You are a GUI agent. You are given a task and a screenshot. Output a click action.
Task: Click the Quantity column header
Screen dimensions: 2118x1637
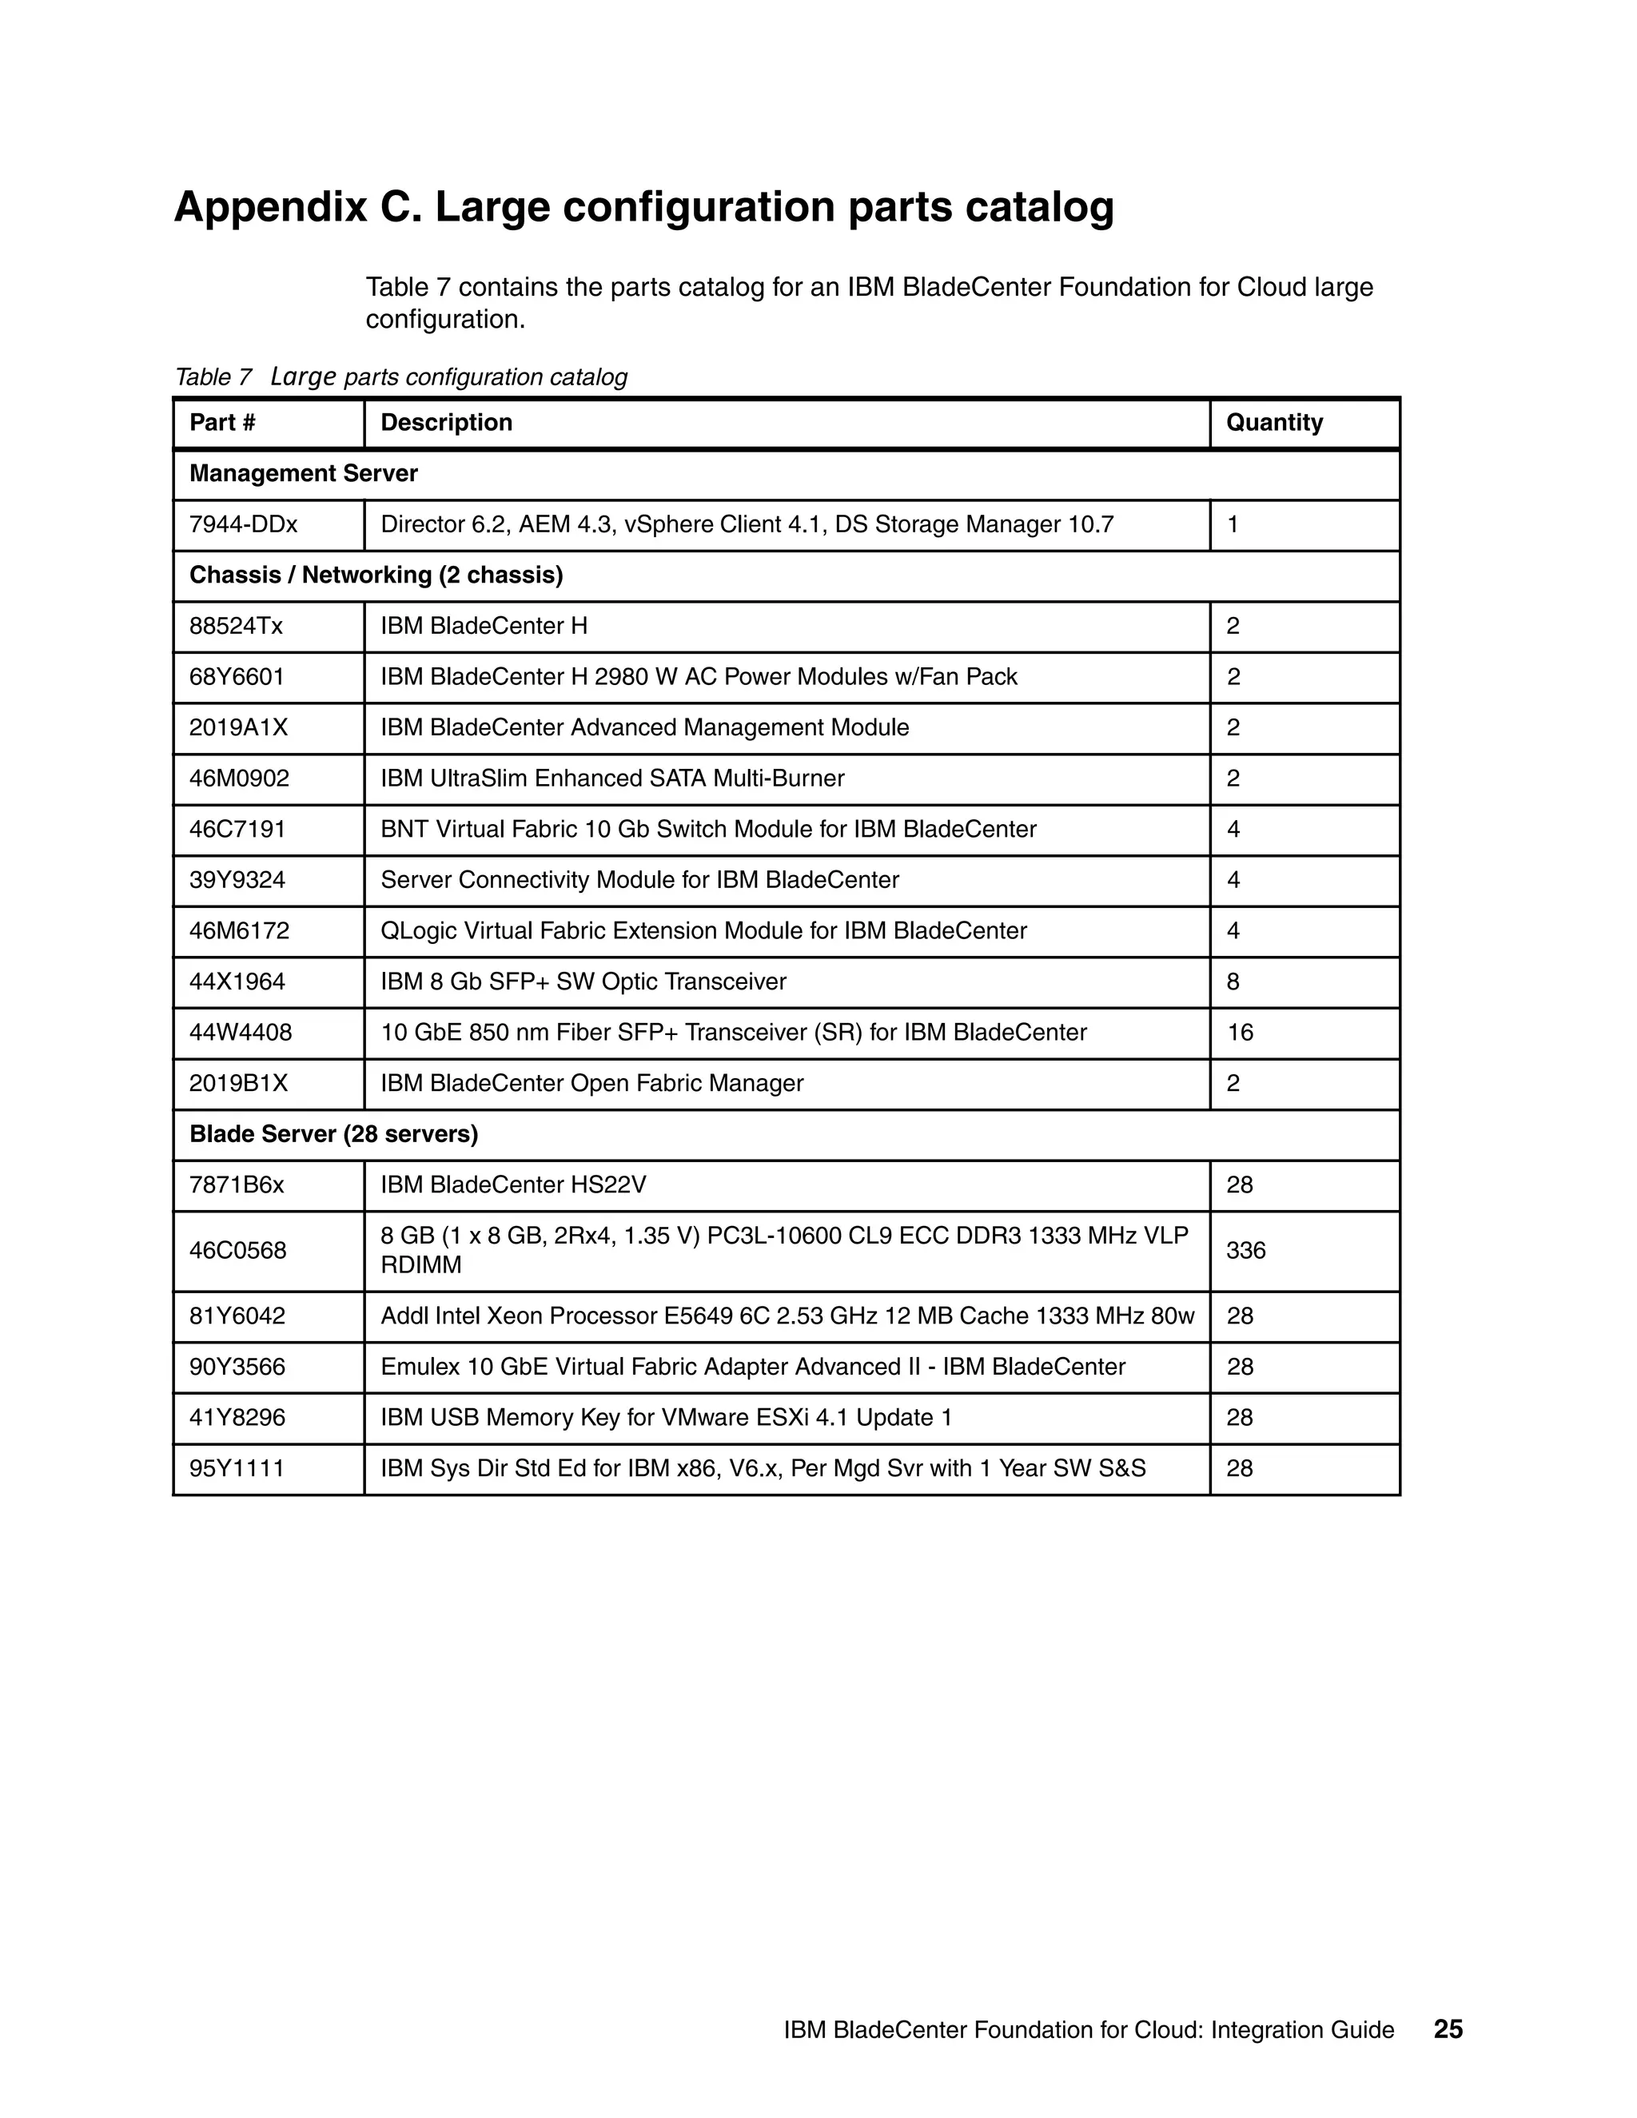(x=1273, y=423)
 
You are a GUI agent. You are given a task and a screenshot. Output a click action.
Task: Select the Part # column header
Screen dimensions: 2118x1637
(x=222, y=423)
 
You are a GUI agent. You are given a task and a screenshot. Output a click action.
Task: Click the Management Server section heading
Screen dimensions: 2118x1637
(x=304, y=473)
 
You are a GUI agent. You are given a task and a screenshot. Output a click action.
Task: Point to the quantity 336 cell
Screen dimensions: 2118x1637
(x=1245, y=1251)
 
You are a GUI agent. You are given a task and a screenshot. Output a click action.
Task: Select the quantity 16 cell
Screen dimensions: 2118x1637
(x=1240, y=1033)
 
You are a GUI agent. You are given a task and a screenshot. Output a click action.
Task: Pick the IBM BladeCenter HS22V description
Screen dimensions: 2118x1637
(x=513, y=1185)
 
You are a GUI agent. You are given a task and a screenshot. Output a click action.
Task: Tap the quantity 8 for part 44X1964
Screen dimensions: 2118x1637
(x=1233, y=981)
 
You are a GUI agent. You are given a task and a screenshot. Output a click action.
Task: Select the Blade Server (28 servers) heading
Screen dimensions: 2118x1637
(x=333, y=1135)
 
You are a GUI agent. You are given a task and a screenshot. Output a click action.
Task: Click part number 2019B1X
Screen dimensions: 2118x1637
(x=238, y=1083)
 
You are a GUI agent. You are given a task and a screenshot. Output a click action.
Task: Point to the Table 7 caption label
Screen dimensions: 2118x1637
(x=213, y=377)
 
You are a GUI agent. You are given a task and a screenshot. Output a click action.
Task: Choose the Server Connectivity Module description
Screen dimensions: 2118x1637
(x=639, y=881)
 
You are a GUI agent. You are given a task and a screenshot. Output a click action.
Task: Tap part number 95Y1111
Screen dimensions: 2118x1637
(x=237, y=1468)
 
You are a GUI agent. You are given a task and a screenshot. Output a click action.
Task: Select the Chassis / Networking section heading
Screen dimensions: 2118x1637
(x=376, y=575)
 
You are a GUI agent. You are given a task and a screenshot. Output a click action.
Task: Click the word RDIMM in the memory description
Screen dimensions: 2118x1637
(x=421, y=1265)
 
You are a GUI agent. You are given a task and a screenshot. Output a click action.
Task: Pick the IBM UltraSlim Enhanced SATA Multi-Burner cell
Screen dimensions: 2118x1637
(x=612, y=778)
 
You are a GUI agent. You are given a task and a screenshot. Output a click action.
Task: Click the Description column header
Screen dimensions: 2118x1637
(x=446, y=423)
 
